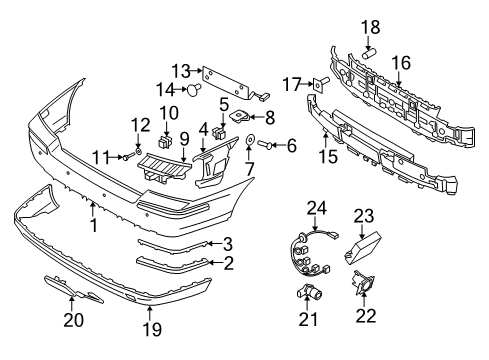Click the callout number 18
370,27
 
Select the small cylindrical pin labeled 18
369,53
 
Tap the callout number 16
401,63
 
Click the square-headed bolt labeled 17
320,84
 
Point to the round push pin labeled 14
194,89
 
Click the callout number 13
181,71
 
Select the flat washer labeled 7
249,139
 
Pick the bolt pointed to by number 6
263,144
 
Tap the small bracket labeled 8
240,116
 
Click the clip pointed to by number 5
218,133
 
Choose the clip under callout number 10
166,142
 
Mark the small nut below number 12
138,152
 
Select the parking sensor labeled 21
310,291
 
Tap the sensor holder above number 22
363,283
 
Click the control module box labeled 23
363,247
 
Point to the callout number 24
317,208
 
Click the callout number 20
73,320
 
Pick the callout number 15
328,156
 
